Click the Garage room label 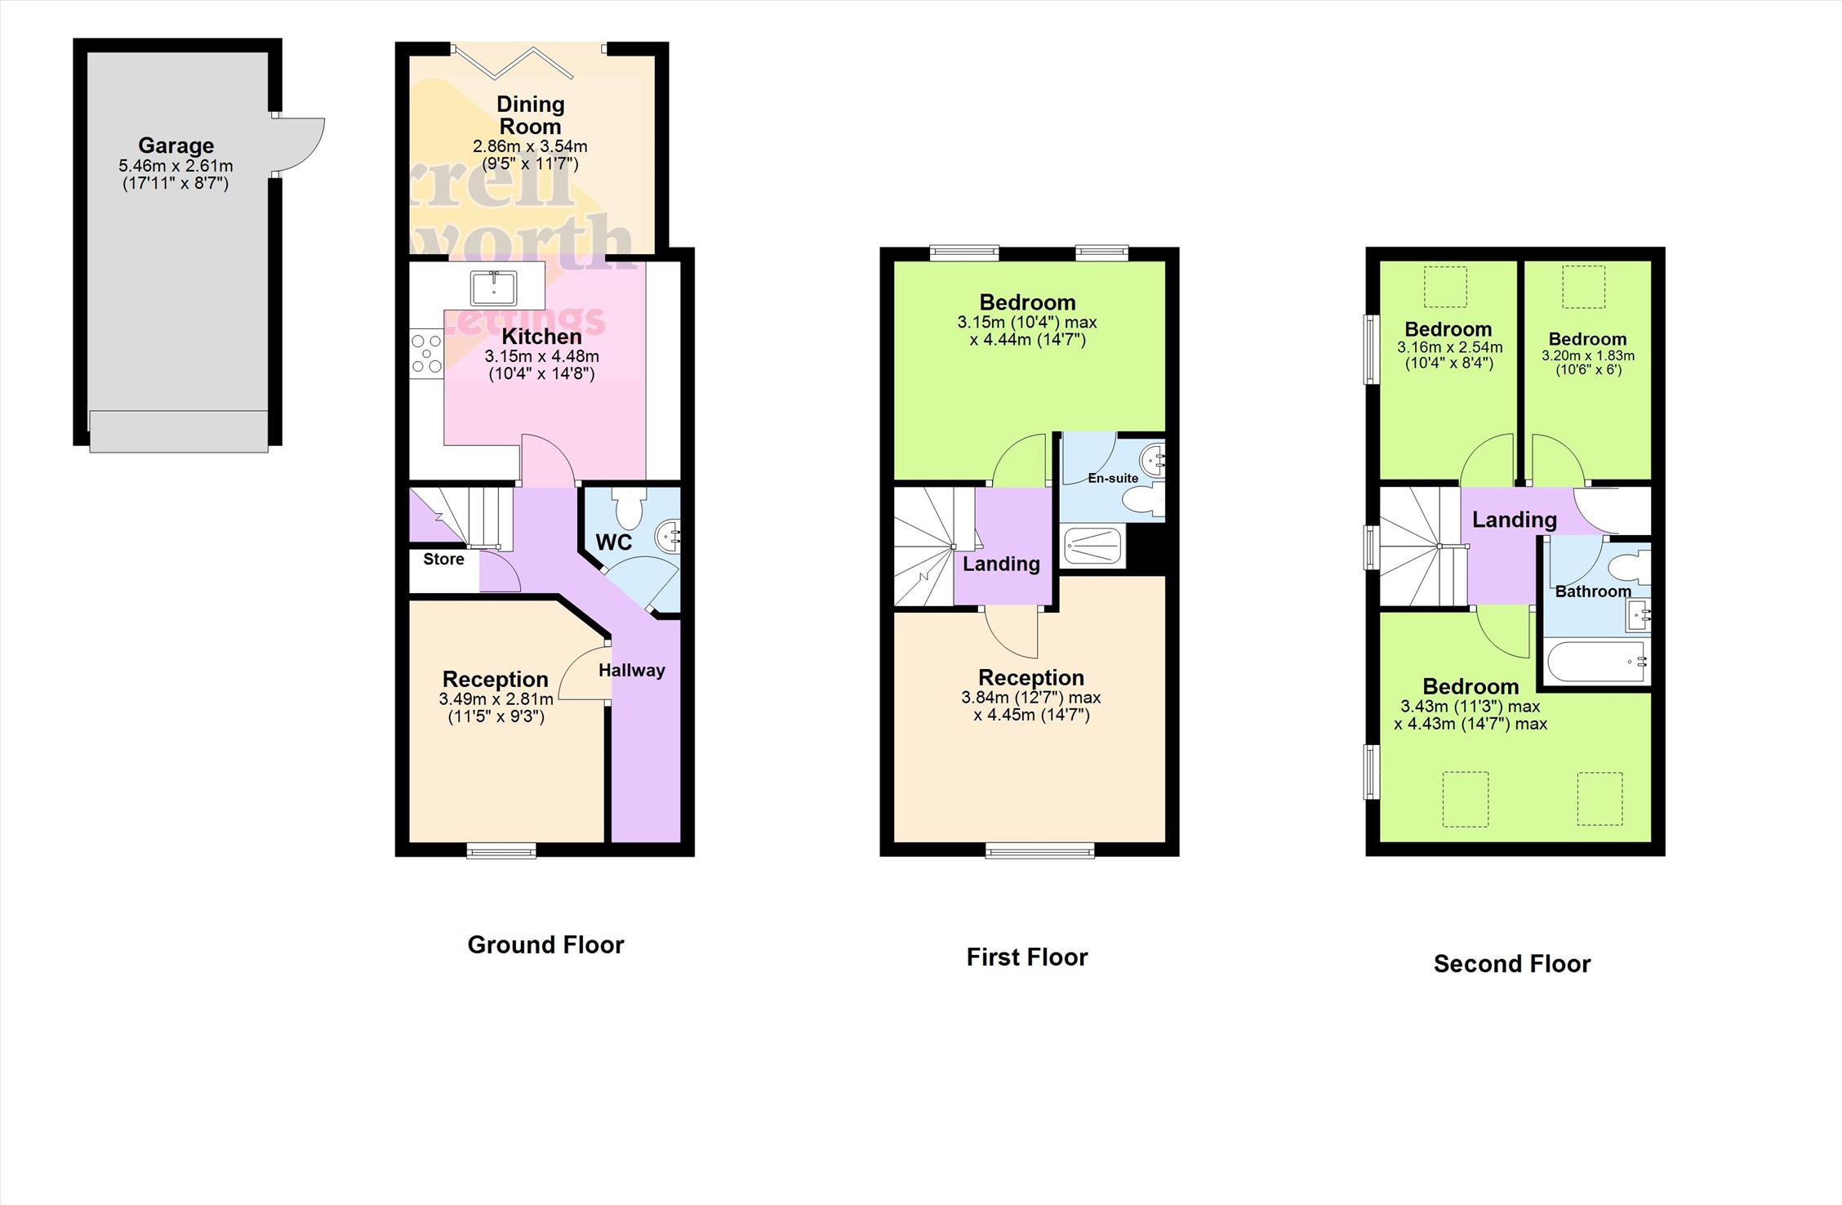coord(176,145)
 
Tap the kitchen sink coord(493,288)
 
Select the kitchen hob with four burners coord(426,353)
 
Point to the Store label coord(443,560)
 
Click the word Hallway coord(632,671)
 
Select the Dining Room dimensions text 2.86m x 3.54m coord(530,147)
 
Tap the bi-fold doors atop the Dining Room coord(530,60)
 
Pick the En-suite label coord(1113,478)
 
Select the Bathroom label coord(1593,591)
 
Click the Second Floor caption coord(1512,964)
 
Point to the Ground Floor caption coord(545,945)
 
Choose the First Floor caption coord(1027,957)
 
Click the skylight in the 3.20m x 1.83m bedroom coord(1583,287)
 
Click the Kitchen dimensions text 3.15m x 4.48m coord(541,357)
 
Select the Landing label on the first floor coord(1001,564)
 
